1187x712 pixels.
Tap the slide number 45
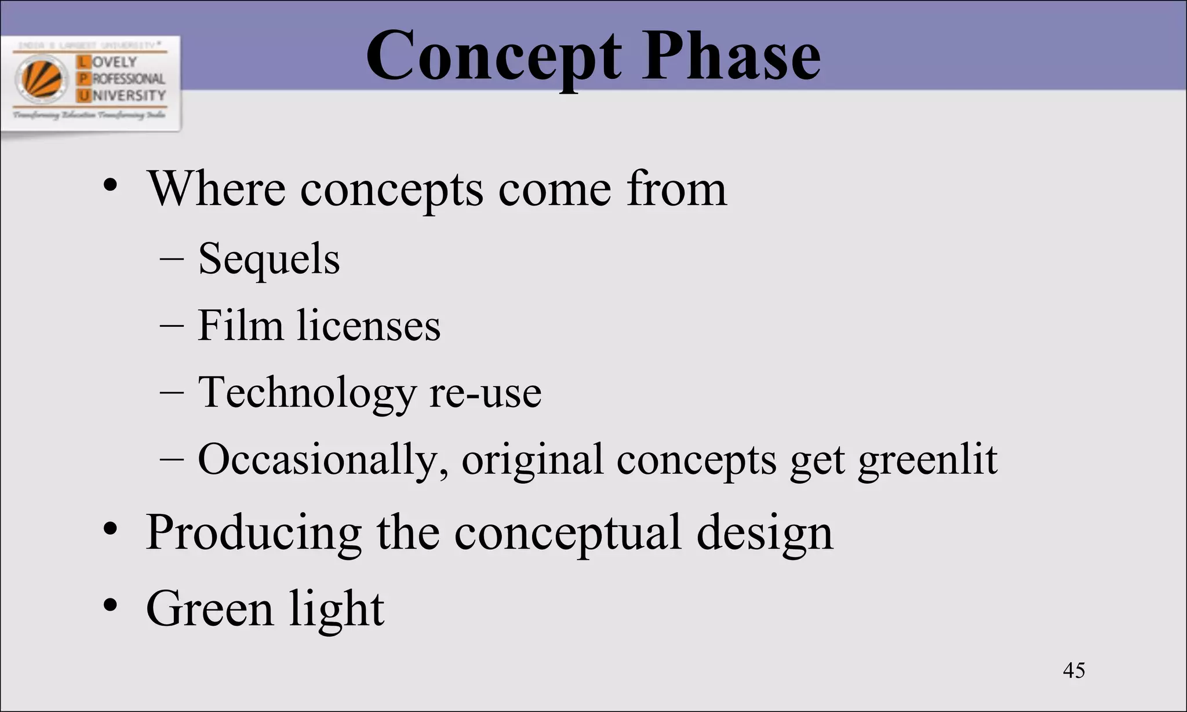1074,670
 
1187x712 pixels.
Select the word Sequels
269,259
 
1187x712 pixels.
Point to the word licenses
369,326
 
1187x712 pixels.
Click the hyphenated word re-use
486,393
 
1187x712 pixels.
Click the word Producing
254,532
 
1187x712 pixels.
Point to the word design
764,534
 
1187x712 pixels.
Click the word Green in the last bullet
209,609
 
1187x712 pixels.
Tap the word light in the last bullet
337,609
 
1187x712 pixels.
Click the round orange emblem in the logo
42,78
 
